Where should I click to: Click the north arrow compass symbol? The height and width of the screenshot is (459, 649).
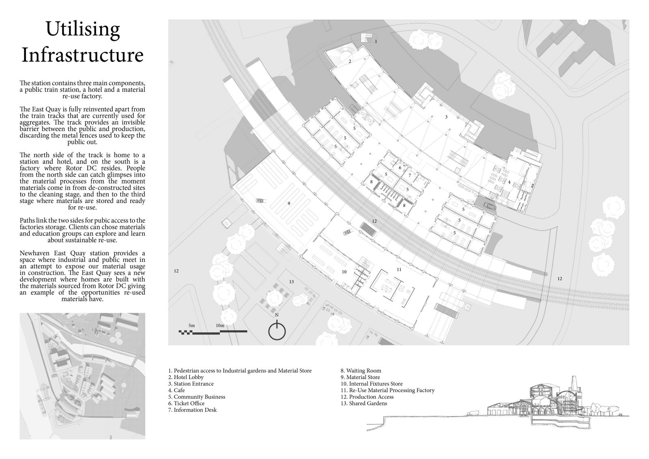[277, 330]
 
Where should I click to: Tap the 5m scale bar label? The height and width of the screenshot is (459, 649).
[191, 325]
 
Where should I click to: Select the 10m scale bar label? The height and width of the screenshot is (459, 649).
[220, 325]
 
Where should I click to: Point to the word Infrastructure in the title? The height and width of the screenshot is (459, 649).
[83, 55]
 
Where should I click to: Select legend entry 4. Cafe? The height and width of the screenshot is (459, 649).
[176, 390]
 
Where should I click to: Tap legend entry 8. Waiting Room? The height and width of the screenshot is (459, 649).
[361, 371]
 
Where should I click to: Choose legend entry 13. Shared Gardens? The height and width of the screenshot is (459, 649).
[364, 403]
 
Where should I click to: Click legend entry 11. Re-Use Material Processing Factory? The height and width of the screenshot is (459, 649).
[387, 390]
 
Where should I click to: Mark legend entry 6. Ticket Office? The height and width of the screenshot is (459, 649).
[186, 403]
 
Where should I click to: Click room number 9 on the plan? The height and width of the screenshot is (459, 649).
[289, 203]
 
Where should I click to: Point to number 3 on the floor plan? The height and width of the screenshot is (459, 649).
[446, 117]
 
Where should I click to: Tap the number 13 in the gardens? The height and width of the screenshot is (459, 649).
[291, 282]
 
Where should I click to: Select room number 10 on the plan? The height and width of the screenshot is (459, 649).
[344, 272]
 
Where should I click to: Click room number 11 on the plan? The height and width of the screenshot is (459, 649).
[399, 269]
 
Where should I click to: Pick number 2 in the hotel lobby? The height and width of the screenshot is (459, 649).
[350, 62]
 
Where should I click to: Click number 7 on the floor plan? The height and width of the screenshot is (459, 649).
[410, 175]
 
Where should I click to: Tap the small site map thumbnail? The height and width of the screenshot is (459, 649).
[82, 376]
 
